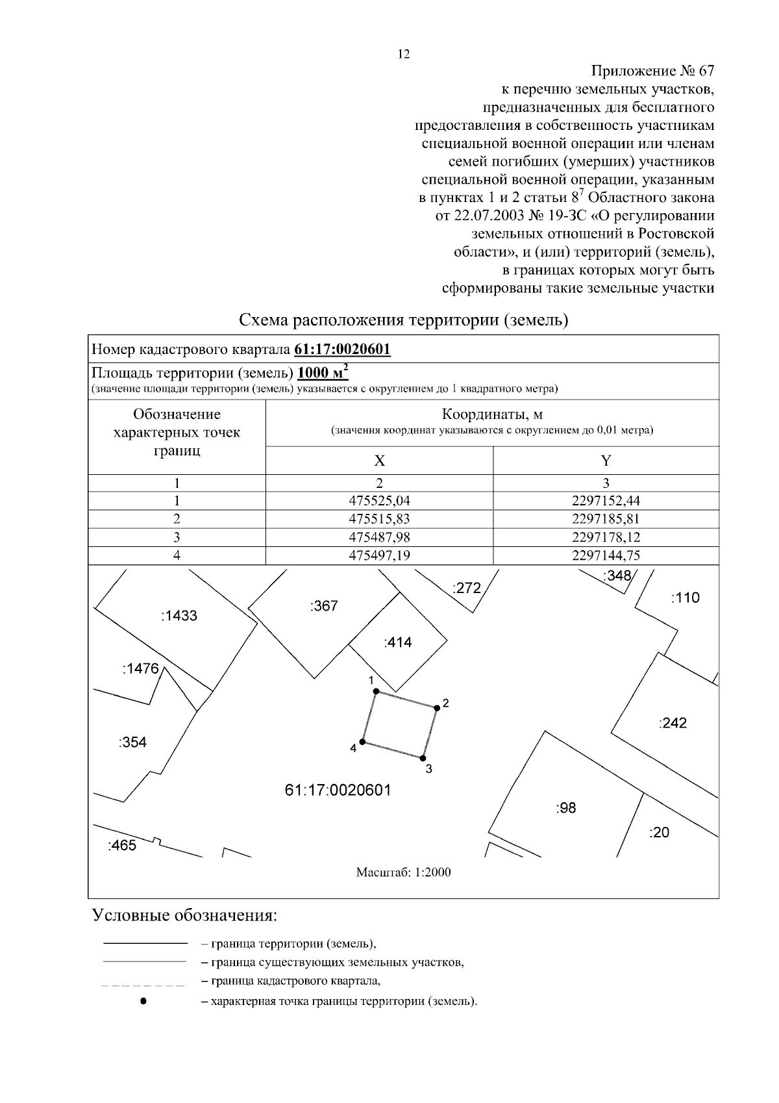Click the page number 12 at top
403,55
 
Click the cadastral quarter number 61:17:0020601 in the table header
342,349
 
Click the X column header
379,461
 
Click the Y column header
606,461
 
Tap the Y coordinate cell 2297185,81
606,519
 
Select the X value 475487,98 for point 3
379,537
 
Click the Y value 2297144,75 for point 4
606,555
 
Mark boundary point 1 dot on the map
376,692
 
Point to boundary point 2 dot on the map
437,708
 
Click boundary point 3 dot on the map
423,757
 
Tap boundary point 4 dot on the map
363,742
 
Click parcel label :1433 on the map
179,616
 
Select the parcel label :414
397,642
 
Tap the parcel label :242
672,723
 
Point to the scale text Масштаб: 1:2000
403,872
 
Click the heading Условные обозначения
185,916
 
